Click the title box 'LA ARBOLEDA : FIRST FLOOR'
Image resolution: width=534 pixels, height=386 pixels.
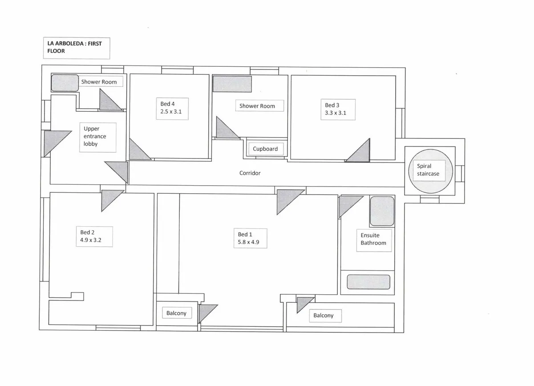click(x=77, y=48)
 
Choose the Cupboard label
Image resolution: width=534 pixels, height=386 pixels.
click(x=265, y=149)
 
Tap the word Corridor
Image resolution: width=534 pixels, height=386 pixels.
click(x=250, y=173)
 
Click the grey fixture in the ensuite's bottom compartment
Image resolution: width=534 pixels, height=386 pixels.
click(x=368, y=282)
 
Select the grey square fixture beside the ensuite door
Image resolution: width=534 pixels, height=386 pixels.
click(x=382, y=211)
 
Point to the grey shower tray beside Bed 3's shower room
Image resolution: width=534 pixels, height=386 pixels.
click(x=232, y=84)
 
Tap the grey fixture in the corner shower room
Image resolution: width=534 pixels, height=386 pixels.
click(x=65, y=83)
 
